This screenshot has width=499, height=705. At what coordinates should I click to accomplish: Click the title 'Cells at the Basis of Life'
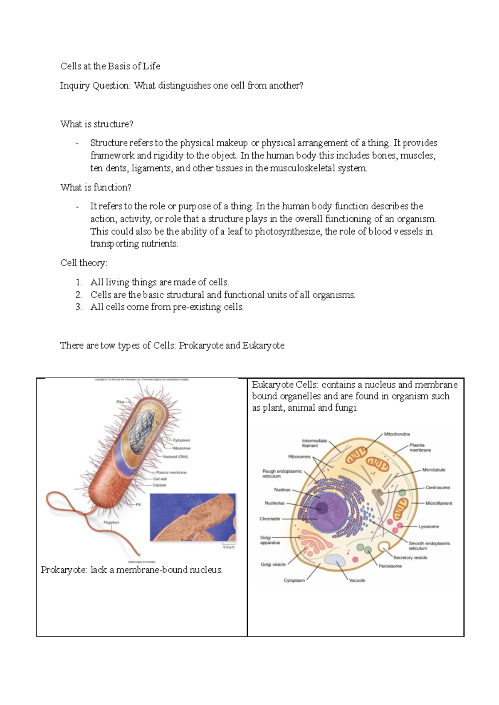click(x=110, y=66)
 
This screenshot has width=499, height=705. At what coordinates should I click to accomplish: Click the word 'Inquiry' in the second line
click(x=74, y=86)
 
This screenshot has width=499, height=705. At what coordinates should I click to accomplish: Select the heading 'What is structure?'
click(x=96, y=124)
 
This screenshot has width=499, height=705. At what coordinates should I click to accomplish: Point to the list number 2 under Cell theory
click(x=79, y=295)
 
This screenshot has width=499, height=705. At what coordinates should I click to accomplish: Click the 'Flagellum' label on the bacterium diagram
click(x=111, y=523)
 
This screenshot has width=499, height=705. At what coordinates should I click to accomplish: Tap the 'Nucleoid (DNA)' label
click(x=175, y=456)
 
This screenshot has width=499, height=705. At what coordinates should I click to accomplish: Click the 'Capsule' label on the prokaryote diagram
click(x=159, y=485)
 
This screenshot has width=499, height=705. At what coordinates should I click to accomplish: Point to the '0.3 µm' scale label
click(x=229, y=547)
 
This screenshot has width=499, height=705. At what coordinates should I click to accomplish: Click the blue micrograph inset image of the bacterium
click(x=193, y=517)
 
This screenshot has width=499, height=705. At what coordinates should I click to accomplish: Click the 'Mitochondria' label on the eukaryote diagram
click(x=397, y=434)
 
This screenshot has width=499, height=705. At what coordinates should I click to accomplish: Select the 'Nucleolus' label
click(x=274, y=503)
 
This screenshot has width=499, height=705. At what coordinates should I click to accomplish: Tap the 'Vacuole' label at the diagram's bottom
click(x=357, y=580)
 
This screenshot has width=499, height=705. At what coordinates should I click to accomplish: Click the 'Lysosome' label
click(x=428, y=527)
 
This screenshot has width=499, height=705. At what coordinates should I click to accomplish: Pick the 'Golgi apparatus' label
click(x=270, y=540)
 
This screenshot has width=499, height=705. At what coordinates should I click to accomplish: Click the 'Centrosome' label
click(x=437, y=488)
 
